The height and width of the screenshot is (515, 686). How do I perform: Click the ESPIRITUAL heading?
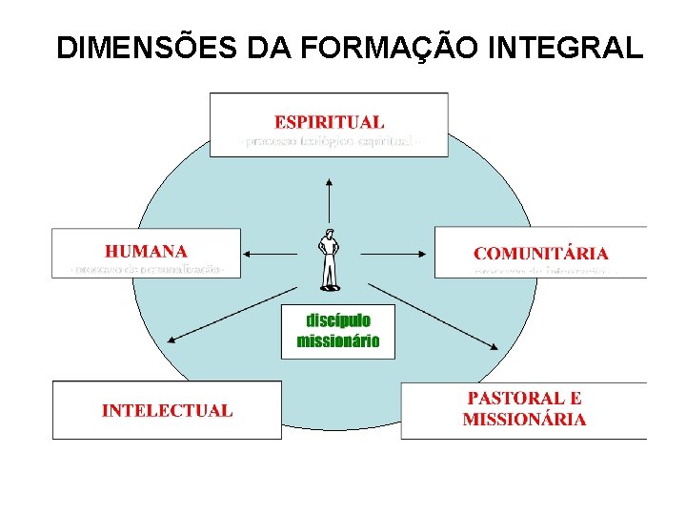click(x=330, y=121)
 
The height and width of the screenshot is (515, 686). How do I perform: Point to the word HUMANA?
click(x=146, y=252)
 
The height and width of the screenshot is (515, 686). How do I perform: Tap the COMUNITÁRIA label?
click(x=540, y=253)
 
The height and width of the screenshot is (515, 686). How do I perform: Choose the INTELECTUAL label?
click(x=167, y=411)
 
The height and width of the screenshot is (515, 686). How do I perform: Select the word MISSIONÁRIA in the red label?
click(x=524, y=419)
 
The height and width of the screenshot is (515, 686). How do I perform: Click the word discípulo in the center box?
click(x=338, y=319)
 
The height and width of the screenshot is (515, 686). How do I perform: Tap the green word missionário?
click(x=338, y=340)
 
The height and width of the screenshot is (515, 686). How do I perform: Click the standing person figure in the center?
click(x=330, y=259)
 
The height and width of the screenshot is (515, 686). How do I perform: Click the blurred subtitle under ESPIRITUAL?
click(x=330, y=142)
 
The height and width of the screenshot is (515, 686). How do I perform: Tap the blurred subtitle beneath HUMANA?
click(x=148, y=270)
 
